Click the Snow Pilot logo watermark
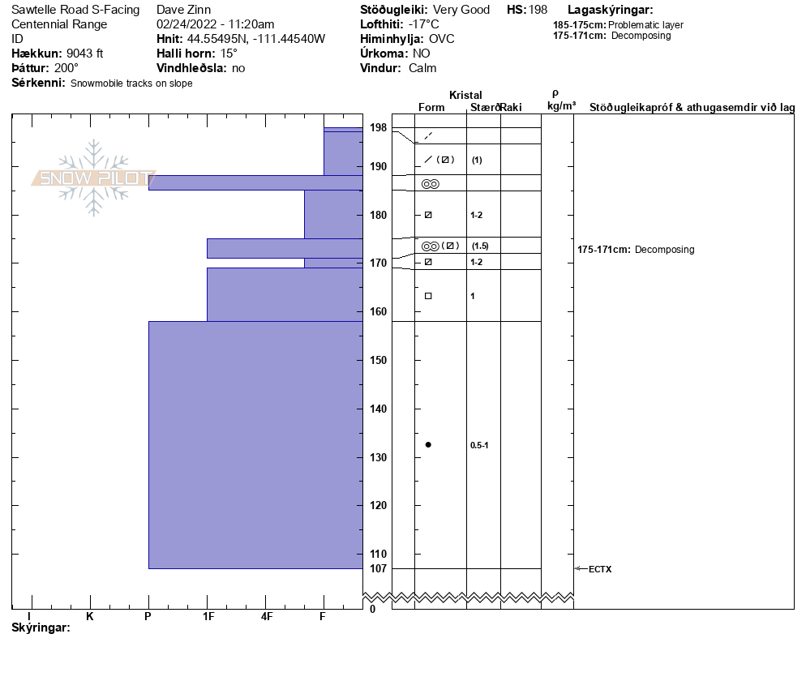pyautogui.click(x=93, y=178)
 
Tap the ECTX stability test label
pyautogui.click(x=600, y=569)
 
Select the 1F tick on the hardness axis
pyautogui.click(x=208, y=616)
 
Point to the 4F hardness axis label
pyautogui.click(x=266, y=616)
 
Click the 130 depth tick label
pyautogui.click(x=379, y=457)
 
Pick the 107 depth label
pyautogui.click(x=379, y=568)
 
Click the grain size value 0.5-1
pyautogui.click(x=478, y=445)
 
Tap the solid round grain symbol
pyautogui.click(x=428, y=444)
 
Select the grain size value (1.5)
pyautogui.click(x=480, y=246)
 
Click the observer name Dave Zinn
pyautogui.click(x=183, y=10)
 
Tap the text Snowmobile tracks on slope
pyautogui.click(x=131, y=84)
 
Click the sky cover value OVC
pyautogui.click(x=441, y=39)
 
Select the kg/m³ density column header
pyautogui.click(x=561, y=106)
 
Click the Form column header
pyautogui.click(x=431, y=107)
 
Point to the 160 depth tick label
pyautogui.click(x=379, y=312)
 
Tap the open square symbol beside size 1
pyautogui.click(x=428, y=296)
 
